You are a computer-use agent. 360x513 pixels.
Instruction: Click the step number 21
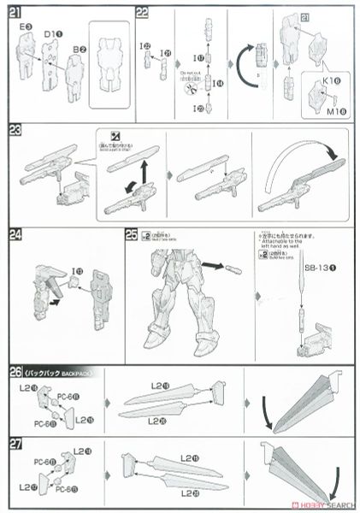point(15,12)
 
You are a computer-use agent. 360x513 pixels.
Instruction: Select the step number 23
point(15,130)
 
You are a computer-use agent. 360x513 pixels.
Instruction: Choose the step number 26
point(15,371)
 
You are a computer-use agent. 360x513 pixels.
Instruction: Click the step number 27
point(15,442)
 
